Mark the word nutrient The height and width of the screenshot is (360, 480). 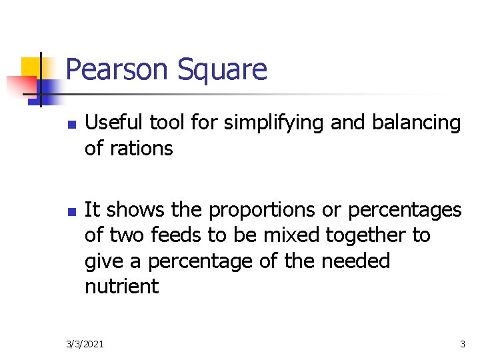(122, 287)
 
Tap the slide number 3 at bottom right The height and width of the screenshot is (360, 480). (462, 344)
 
